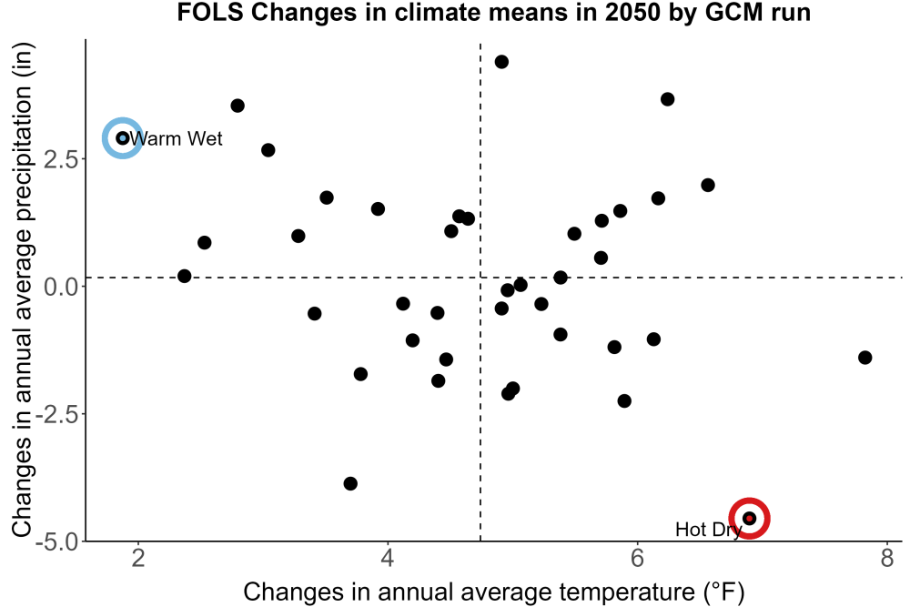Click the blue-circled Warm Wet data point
pos(123,138)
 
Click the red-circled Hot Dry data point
pos(749,518)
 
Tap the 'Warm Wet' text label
pos(176,138)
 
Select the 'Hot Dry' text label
pos(709,530)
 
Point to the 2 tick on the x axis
pos(138,558)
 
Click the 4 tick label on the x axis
pos(388,558)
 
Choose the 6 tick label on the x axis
pos(637,558)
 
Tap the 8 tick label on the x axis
pos(886,558)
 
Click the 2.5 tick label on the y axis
pos(61,159)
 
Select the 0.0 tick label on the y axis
pos(61,287)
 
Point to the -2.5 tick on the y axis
pos(57,414)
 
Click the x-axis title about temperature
pos(494,592)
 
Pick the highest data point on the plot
pos(501,62)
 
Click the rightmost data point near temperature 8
pos(864,358)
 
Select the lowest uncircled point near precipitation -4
pos(350,483)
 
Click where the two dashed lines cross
pos(480,278)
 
